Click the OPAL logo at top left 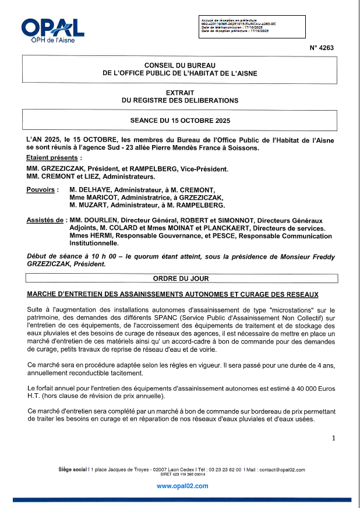[52, 30]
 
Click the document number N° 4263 [322, 49]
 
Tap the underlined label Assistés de [45, 220]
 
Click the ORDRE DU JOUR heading [180, 279]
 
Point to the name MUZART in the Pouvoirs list [94, 205]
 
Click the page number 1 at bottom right [333, 438]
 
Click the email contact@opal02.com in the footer [282, 470]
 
